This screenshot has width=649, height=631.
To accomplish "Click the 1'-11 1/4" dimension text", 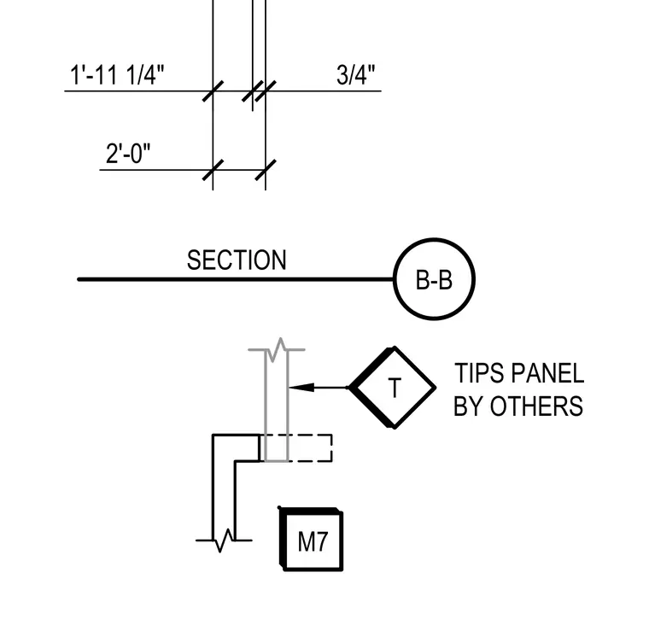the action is click(117, 75).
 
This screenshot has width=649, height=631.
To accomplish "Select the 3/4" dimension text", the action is click(355, 75).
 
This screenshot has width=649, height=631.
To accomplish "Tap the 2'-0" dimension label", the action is click(128, 154).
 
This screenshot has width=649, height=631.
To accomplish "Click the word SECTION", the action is click(237, 260).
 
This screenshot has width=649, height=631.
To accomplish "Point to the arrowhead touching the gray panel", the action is click(301, 388).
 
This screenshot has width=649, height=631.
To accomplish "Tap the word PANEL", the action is click(547, 373).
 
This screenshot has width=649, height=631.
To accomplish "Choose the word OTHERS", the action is click(536, 406).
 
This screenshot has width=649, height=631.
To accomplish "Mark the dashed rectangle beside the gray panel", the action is click(331, 447).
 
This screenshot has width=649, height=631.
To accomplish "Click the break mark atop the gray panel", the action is click(277, 350).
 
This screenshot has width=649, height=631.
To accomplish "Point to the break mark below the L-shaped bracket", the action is click(224, 540).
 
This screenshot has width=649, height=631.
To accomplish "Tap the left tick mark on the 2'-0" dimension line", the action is click(213, 170).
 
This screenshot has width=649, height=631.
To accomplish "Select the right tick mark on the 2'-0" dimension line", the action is click(266, 170).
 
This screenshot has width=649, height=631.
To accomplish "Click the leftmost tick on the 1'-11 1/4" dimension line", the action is click(213, 91).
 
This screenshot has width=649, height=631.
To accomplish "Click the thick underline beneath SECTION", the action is click(236, 280).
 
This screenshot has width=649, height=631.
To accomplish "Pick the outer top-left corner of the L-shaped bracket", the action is click(213, 435).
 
